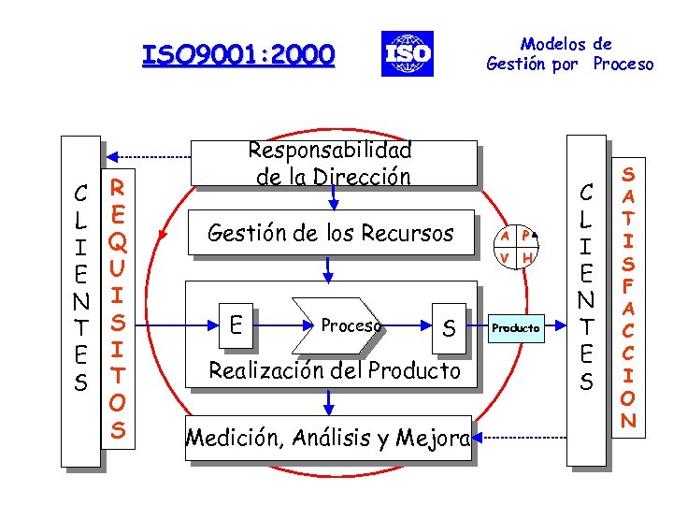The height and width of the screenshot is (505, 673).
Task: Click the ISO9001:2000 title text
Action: point(237,56)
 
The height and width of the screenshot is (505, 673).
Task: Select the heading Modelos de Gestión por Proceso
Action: point(569,54)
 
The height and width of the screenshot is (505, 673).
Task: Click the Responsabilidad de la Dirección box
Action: point(329,163)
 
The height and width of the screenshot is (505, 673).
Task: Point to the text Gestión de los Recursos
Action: point(330,232)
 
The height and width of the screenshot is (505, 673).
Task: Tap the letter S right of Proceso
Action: point(449,327)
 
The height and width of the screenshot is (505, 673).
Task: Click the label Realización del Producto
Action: point(335,370)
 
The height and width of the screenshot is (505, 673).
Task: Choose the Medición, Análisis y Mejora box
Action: point(328,437)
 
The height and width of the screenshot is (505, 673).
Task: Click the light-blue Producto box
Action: point(515,327)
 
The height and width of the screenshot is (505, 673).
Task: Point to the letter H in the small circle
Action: point(527,257)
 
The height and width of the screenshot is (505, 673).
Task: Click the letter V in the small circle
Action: point(504,257)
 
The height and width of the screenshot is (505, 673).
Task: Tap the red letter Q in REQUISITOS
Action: point(118,242)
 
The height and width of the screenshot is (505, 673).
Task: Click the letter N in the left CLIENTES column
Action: point(82,301)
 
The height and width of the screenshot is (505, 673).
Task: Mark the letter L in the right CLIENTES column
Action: point(586,222)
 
